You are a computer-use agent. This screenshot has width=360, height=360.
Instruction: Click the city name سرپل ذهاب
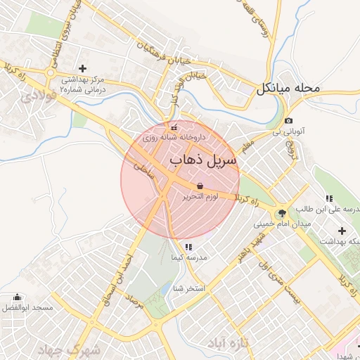click(203, 160)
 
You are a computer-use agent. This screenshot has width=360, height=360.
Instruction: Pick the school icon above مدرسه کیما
click(188, 247)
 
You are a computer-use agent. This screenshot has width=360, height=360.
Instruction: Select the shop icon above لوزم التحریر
click(201, 185)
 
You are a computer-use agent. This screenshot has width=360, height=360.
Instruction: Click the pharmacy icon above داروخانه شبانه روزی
click(174, 127)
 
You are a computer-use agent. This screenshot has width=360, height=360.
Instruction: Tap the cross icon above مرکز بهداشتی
click(83, 68)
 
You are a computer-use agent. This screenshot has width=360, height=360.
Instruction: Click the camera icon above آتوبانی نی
click(288, 121)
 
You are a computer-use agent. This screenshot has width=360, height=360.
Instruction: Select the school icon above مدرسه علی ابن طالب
click(329, 198)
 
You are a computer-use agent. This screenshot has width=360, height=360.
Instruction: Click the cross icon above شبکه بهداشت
click(342, 231)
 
